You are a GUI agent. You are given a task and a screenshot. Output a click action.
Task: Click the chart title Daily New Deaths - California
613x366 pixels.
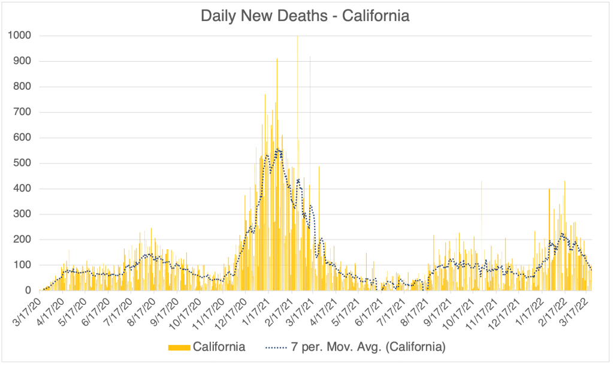pos(306,16)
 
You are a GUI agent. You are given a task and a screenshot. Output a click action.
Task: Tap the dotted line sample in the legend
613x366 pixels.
pos(278,347)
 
